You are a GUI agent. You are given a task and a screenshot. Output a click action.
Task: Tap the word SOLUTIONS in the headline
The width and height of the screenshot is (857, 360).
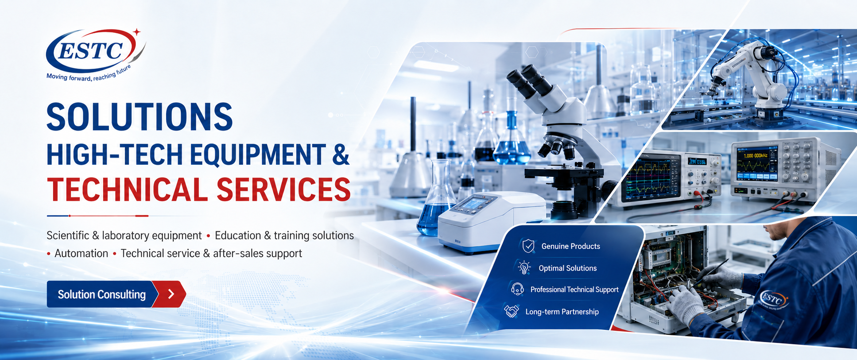(140, 117)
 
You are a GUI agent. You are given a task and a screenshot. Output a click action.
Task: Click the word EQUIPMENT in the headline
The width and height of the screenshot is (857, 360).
(258, 155)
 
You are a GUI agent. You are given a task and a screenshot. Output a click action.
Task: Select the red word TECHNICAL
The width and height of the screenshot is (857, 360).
(127, 190)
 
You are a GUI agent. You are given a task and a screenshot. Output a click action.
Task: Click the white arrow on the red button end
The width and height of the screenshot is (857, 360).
(171, 294)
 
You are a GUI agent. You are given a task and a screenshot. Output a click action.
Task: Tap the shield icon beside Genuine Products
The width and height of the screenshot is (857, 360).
(528, 246)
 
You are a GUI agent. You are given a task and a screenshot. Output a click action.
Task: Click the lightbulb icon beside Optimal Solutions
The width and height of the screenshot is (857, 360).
(524, 267)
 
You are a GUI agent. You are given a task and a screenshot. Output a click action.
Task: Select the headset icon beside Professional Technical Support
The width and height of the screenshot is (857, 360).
(517, 289)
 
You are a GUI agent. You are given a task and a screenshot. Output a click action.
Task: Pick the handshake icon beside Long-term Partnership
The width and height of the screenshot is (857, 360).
(512, 311)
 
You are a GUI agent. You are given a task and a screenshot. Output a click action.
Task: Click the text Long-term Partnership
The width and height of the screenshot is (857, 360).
(562, 312)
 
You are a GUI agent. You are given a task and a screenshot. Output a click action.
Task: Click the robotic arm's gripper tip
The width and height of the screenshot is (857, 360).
(707, 93)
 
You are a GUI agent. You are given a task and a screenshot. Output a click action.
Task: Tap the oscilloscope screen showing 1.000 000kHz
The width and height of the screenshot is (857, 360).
(756, 164)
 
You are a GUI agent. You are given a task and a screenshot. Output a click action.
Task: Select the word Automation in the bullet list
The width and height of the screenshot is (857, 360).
(81, 253)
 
